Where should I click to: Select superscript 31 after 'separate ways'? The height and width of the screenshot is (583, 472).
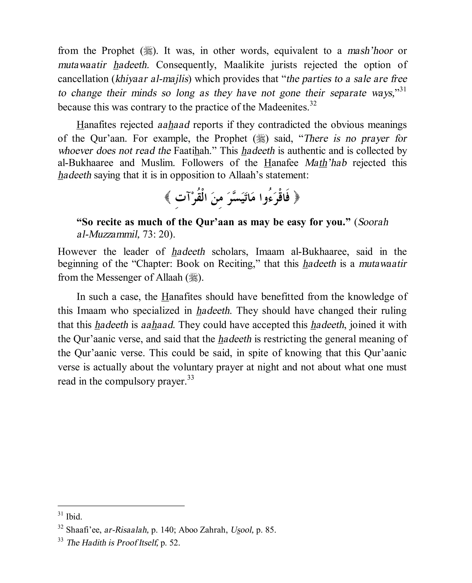click(403, 89)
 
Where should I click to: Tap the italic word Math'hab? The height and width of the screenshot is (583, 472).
click(326, 163)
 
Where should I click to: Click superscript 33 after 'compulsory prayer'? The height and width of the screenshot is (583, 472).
click(191, 378)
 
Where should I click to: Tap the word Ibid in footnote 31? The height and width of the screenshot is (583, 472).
click(74, 517)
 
